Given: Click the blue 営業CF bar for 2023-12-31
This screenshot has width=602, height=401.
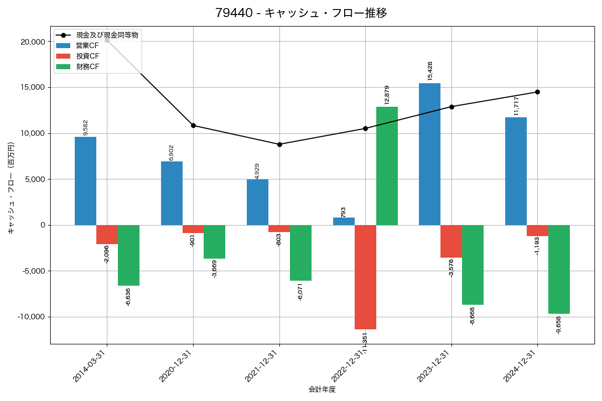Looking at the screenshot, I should (x=429, y=154).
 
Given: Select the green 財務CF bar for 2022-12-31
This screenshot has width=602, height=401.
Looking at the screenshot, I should (x=387, y=166).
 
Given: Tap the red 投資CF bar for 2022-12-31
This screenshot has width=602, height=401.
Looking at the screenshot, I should (x=365, y=277).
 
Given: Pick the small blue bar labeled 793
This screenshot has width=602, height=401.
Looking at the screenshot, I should (x=344, y=221).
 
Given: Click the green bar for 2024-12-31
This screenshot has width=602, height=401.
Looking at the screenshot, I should (x=559, y=269).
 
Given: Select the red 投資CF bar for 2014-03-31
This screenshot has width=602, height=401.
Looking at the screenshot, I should (x=107, y=235).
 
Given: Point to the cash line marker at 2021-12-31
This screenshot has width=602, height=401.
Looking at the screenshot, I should (x=279, y=144).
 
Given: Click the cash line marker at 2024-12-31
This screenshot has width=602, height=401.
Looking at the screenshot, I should (x=537, y=92).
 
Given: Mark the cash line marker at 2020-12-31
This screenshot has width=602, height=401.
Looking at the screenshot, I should (x=193, y=125).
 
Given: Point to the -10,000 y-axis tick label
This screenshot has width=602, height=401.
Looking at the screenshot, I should (x=31, y=317).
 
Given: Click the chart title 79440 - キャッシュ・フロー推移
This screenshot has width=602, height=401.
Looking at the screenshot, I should (x=301, y=13).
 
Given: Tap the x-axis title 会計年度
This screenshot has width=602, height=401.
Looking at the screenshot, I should (x=322, y=389).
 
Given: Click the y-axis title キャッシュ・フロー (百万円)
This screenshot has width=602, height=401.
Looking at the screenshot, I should (x=11, y=188).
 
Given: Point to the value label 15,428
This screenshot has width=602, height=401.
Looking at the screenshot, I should (x=430, y=71).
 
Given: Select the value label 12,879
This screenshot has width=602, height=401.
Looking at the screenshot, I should (x=387, y=95).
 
